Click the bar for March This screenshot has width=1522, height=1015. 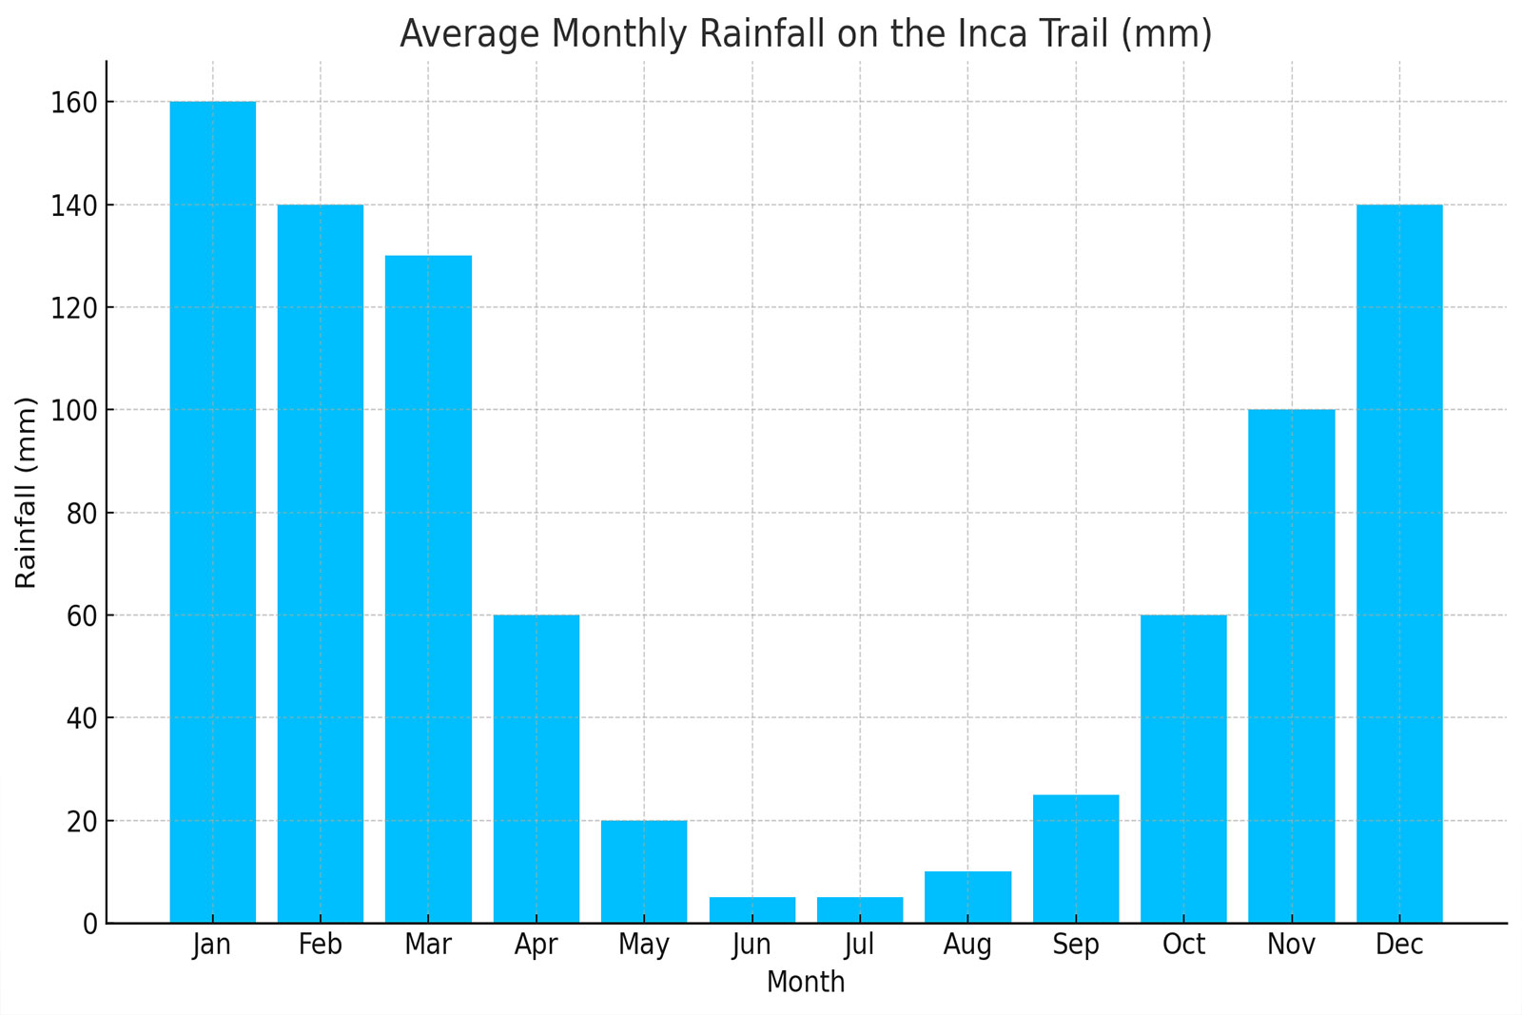click(x=428, y=589)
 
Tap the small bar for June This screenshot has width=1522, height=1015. click(x=752, y=910)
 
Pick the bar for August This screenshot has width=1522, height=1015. click(x=967, y=897)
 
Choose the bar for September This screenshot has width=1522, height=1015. click(x=1076, y=859)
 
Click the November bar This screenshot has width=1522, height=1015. click(x=1292, y=666)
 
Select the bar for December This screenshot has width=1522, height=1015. click(x=1399, y=563)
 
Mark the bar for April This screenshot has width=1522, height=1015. click(x=536, y=769)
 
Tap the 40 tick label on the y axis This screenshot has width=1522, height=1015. click(x=82, y=718)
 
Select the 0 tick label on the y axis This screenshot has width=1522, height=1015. click(x=89, y=924)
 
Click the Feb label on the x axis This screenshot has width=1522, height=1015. click(x=320, y=945)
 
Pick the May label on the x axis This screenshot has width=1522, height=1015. click(x=644, y=945)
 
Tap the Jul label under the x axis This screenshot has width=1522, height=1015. click(x=859, y=945)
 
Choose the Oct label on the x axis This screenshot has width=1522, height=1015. click(x=1183, y=945)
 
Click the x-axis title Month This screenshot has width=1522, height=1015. click(x=806, y=982)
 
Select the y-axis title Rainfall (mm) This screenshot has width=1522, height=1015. click(x=27, y=492)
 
